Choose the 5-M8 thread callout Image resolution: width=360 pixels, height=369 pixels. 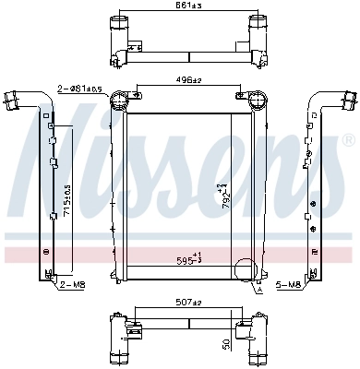(289, 286)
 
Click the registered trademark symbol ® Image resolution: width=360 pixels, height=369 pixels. (347, 140)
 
